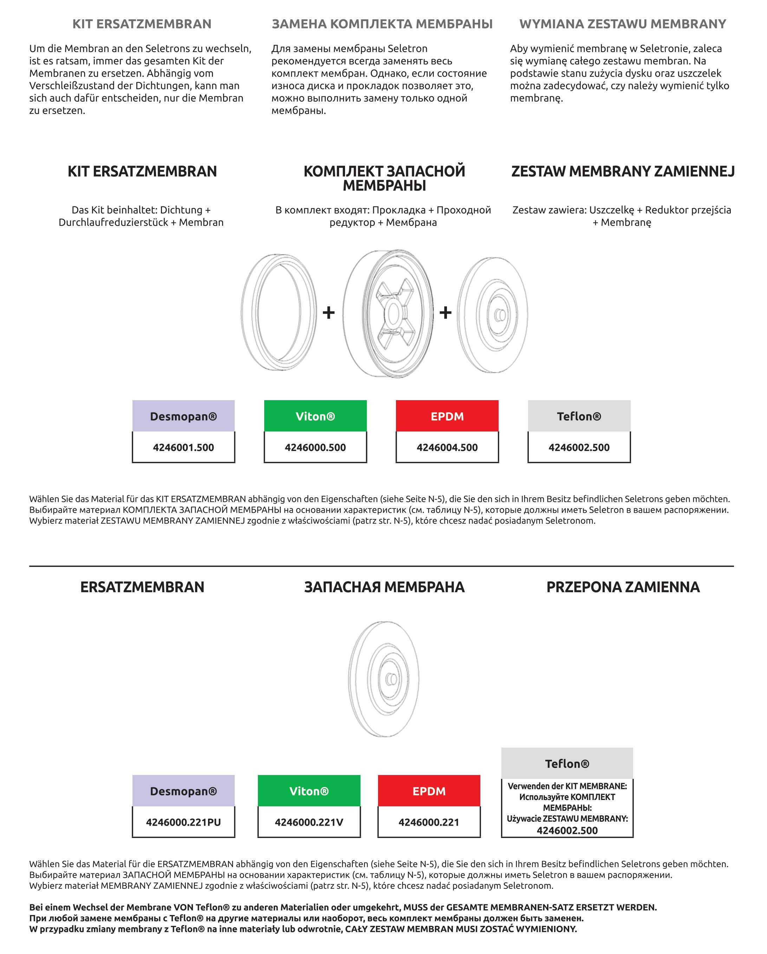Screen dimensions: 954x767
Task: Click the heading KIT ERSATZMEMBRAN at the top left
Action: [x=142, y=24]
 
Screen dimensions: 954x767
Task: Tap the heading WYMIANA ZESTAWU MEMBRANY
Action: [x=623, y=24]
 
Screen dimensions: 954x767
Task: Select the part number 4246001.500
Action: [x=183, y=447]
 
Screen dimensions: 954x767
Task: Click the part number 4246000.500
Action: [x=315, y=447]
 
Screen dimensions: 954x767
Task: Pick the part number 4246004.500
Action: [x=447, y=447]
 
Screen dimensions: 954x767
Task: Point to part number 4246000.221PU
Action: [x=183, y=822]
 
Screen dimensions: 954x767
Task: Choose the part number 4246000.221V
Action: [x=309, y=822]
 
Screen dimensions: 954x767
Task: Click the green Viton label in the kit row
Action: [x=315, y=416]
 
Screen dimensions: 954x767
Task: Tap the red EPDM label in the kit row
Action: [x=447, y=416]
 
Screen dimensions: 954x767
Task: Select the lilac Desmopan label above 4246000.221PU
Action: [x=183, y=791]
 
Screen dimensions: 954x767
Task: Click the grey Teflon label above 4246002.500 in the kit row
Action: [x=579, y=416]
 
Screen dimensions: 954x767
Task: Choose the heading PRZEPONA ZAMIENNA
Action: [x=623, y=587]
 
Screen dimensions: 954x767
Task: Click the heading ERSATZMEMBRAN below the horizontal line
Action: [x=142, y=587]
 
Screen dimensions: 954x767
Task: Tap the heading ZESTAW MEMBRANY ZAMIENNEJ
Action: [x=623, y=171]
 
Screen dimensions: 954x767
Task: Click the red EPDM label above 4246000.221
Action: [x=429, y=791]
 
